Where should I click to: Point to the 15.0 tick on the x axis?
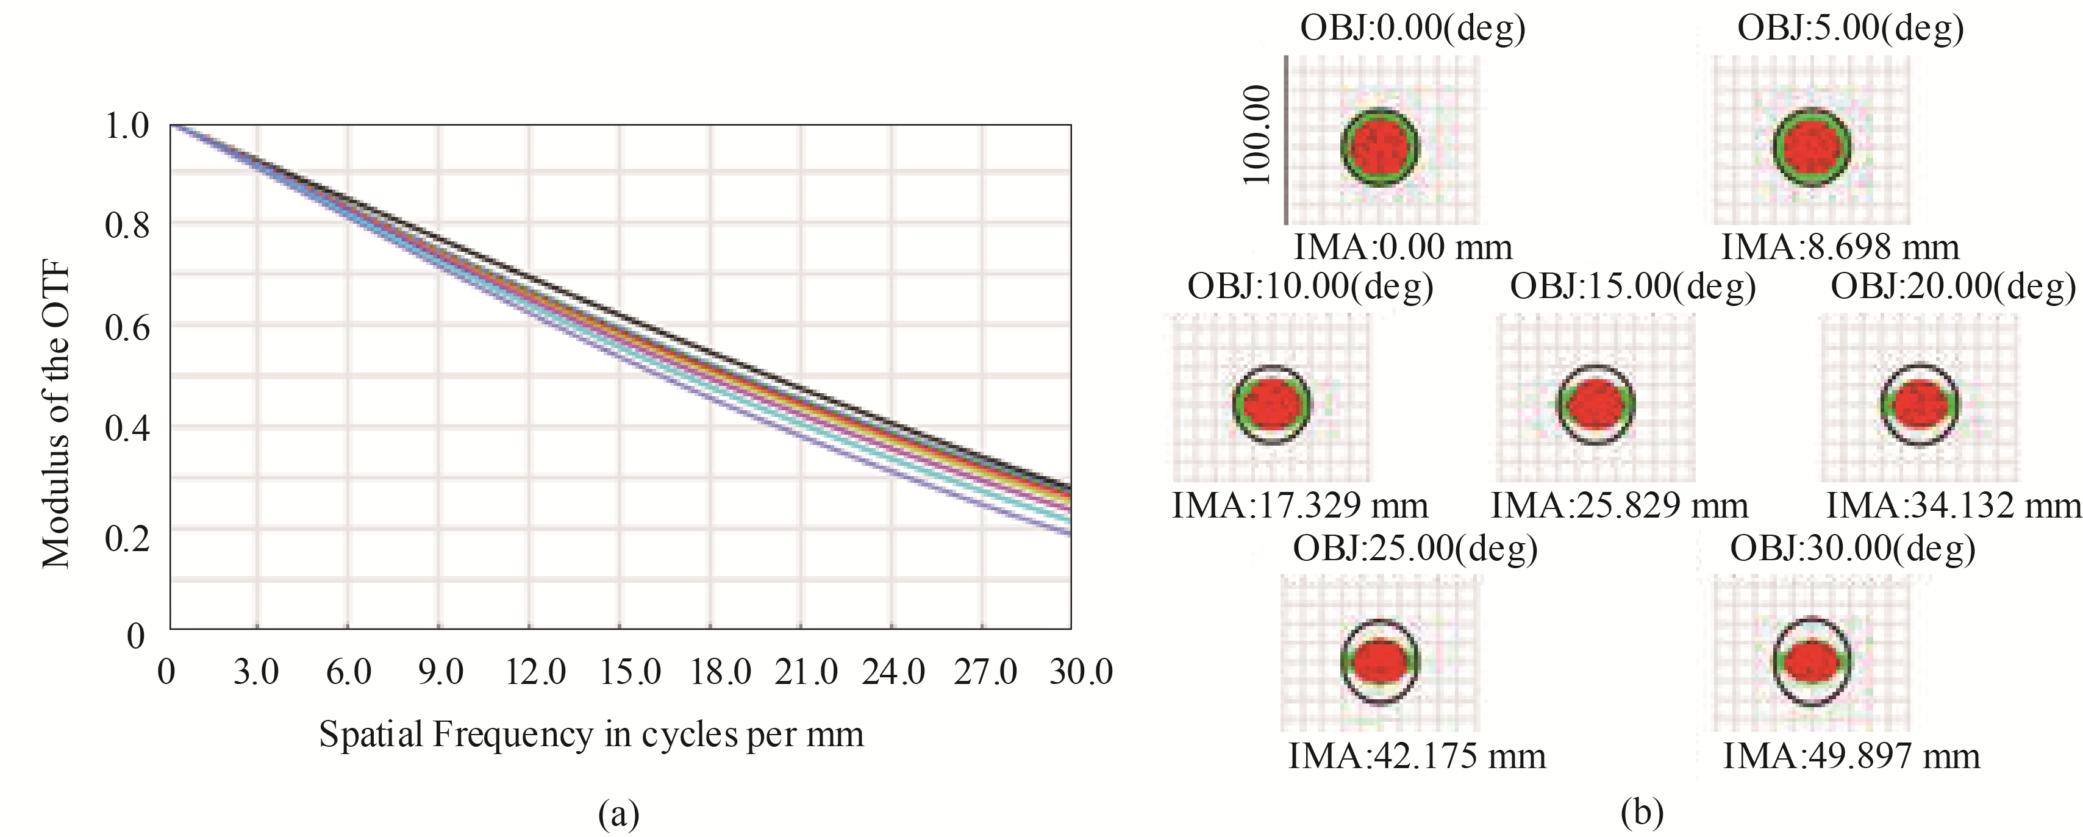click(630, 672)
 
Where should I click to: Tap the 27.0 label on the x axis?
click(985, 672)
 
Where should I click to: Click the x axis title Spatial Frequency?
click(591, 735)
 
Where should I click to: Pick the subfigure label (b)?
click(1642, 812)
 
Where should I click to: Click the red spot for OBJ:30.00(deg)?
click(1811, 661)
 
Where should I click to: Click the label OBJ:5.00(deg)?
click(1850, 28)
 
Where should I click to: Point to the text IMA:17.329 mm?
click(1299, 506)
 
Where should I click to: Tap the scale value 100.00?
click(1257, 135)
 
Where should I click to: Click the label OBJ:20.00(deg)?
click(1953, 287)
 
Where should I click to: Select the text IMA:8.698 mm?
click(1840, 248)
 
